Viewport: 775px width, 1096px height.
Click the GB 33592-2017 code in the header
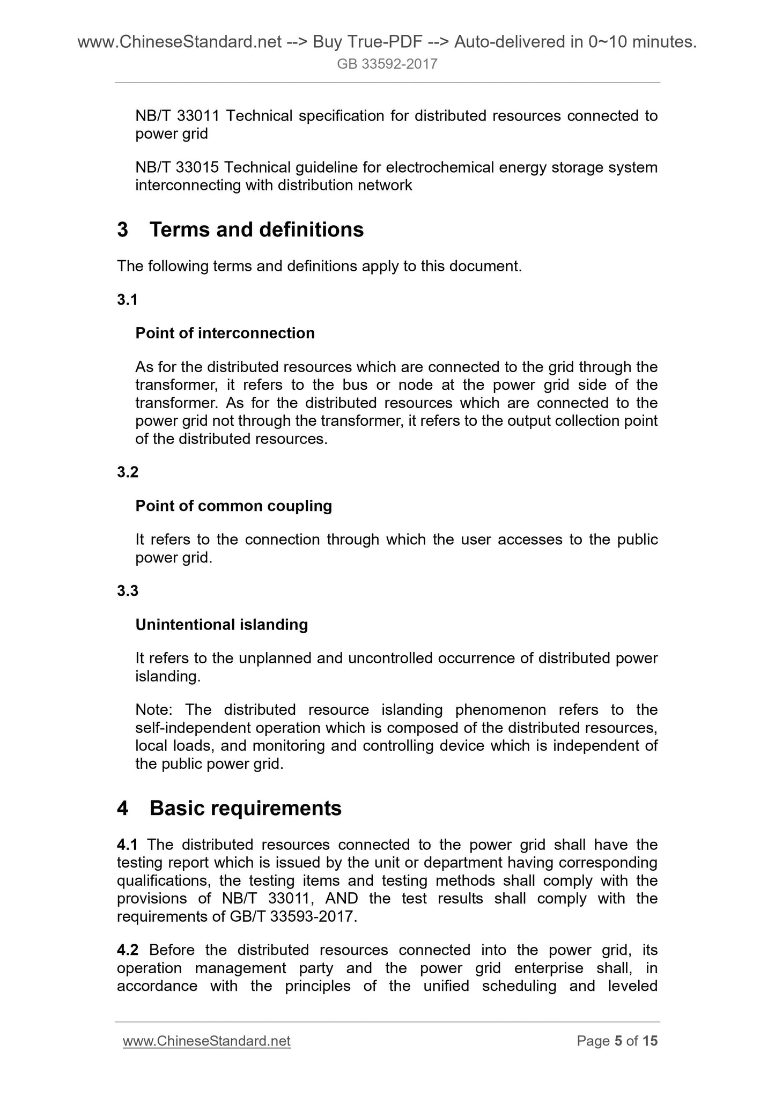pos(387,64)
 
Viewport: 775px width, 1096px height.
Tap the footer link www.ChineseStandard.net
pos(206,1041)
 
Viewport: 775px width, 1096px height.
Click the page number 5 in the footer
pos(618,1041)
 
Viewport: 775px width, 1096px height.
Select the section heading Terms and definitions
pos(256,229)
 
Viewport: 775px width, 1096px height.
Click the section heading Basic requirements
pos(245,808)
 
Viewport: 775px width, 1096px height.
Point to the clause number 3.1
pos(128,300)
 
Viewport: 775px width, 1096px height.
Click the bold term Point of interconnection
pos(225,333)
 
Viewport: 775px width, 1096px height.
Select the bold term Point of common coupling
pos(233,506)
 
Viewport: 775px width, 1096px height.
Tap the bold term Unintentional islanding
pos(222,624)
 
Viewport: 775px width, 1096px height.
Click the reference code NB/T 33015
pos(177,167)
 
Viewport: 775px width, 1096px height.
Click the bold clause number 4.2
pos(128,950)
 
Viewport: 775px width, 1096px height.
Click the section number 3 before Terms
pos(123,229)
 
